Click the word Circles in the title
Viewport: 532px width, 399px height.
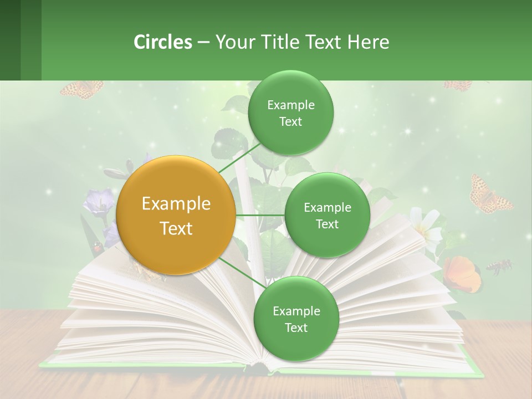point(163,42)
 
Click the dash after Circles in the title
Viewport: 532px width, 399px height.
point(203,43)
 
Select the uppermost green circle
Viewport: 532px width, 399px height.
point(290,112)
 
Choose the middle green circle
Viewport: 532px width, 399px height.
point(327,215)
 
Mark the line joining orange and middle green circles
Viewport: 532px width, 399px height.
point(260,215)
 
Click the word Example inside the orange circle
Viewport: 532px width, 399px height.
point(176,204)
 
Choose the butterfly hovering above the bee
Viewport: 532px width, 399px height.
point(487,194)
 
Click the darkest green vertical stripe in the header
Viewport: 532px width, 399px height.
point(10,40)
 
